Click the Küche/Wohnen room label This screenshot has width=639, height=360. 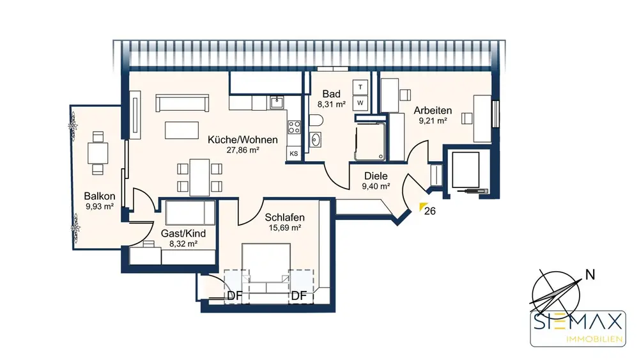[242, 139]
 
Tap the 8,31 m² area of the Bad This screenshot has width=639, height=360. [331, 104]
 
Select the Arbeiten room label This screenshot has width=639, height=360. [433, 110]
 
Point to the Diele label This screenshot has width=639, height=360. [376, 176]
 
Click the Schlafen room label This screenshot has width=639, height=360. [284, 217]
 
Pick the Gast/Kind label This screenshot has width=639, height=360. [183, 233]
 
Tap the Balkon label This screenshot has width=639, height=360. [100, 196]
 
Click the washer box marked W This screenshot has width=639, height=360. [360, 103]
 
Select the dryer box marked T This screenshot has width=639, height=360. [360, 87]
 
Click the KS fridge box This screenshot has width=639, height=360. [293, 153]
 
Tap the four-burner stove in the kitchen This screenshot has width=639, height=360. [294, 127]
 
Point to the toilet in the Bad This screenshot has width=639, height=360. [316, 120]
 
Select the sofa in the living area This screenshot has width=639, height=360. [182, 103]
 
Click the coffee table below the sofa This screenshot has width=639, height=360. [181, 130]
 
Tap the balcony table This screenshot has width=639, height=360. [98, 153]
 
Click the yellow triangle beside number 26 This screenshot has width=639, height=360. [423, 207]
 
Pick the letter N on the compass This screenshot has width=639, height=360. [590, 275]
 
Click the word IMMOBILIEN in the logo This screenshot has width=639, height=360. [594, 339]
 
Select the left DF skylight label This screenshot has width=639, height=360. [235, 295]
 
